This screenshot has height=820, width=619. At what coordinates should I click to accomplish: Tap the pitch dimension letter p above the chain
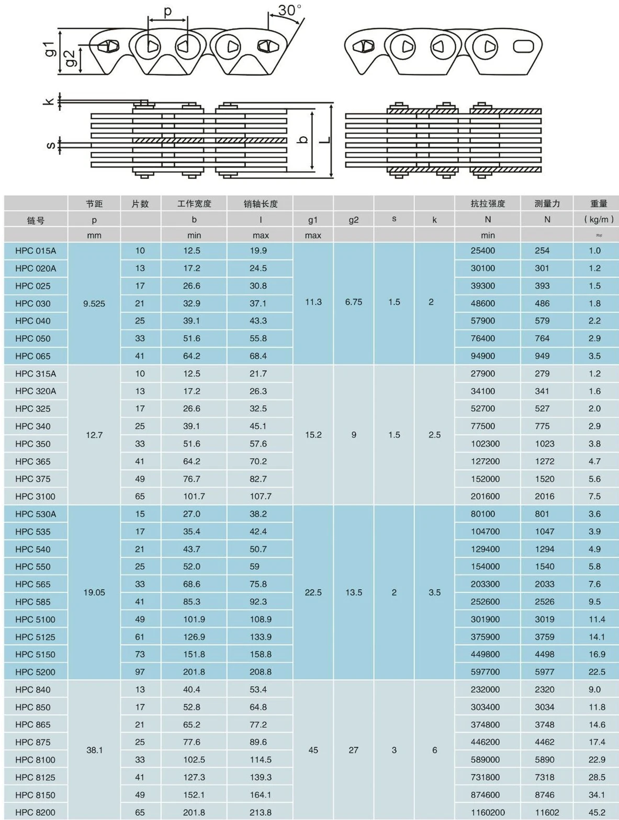tap(167, 11)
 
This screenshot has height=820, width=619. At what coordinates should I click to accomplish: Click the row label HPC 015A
tap(36, 251)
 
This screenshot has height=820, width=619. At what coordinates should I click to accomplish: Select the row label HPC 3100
tap(35, 496)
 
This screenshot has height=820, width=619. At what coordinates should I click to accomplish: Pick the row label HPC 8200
tap(35, 812)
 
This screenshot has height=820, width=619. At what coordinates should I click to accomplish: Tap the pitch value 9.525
tap(94, 304)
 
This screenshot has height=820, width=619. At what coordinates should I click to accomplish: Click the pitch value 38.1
tap(94, 750)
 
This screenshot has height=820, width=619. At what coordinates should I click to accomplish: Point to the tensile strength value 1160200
tap(488, 812)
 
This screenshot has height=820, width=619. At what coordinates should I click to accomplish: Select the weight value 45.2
tap(597, 812)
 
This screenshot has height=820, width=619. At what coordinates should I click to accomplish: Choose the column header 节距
tap(94, 204)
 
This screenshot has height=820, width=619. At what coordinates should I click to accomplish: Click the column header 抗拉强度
tap(488, 204)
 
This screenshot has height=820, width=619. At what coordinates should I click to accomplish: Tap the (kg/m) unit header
tap(599, 219)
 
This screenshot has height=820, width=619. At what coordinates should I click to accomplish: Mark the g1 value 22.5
tap(313, 593)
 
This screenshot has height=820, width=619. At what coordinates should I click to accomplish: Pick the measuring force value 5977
tap(544, 672)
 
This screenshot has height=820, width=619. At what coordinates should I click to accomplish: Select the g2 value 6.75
tap(354, 302)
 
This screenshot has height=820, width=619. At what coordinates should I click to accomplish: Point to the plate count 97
tap(140, 672)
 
